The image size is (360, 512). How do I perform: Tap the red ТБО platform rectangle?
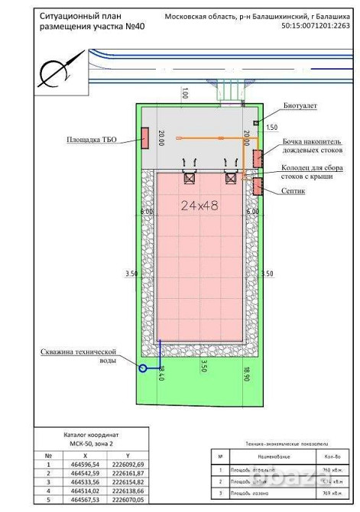click(144, 138)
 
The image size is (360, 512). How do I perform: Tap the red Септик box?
click(258, 186)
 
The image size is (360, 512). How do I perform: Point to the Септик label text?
click(294, 191)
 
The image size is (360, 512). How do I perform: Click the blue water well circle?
click(143, 368)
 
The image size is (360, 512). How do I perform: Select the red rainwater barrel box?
click(258, 157)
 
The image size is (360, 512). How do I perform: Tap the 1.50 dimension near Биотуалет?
click(272, 127)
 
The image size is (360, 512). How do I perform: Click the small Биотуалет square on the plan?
click(257, 122)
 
